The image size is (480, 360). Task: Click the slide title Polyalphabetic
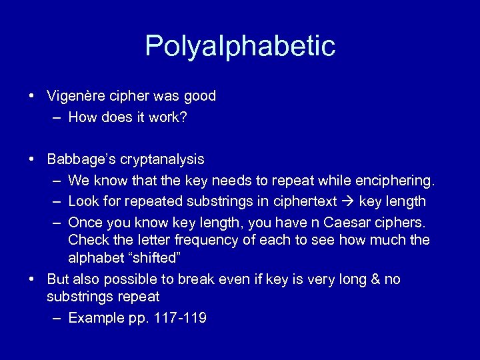tap(240, 46)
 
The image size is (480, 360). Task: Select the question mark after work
tap(184, 118)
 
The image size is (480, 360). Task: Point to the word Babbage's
tap(79, 159)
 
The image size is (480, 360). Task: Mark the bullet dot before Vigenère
tap(32, 96)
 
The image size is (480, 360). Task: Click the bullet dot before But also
tap(32, 279)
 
